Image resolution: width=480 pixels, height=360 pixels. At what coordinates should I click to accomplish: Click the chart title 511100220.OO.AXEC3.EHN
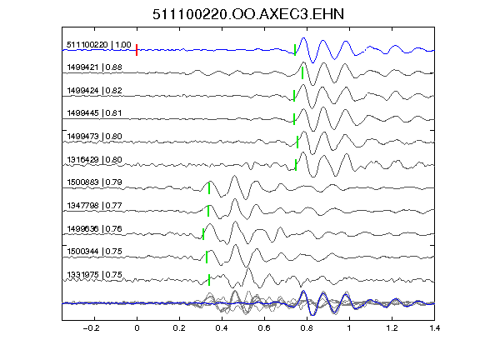tap(248, 14)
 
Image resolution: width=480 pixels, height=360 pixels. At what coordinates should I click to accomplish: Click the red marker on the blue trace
tap(137, 50)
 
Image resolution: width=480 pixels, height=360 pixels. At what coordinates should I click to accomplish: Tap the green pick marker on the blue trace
tap(295, 50)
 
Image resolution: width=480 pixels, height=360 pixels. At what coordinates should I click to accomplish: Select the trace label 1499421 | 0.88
tap(95, 67)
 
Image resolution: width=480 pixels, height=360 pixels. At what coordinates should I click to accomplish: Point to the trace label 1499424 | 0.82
tap(95, 91)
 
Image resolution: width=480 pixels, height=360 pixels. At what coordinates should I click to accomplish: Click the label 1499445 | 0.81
tap(95, 113)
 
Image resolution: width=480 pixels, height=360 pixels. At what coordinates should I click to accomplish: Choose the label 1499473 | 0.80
tap(95, 136)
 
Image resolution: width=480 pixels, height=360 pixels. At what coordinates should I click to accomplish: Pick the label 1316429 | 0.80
tap(95, 159)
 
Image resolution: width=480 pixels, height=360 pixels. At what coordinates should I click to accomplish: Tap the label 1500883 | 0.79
tap(95, 182)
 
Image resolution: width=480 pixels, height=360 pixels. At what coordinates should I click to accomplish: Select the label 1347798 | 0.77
tap(95, 205)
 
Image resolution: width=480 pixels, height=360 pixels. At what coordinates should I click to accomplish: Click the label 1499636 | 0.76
tap(95, 228)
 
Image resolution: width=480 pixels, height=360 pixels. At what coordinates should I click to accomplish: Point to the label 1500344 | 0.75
tap(95, 252)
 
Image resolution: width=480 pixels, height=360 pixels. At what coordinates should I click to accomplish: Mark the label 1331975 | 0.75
tap(95, 275)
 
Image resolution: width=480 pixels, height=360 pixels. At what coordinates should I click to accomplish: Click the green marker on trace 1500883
tap(209, 188)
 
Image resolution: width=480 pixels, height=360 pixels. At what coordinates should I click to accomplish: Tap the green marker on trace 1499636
tap(203, 234)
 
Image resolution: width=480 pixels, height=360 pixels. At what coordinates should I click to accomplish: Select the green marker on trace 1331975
tap(209, 280)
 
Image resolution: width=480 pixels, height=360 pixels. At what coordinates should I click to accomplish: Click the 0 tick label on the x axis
tap(137, 328)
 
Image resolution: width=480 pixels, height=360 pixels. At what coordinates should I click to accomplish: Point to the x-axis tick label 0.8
tap(307, 328)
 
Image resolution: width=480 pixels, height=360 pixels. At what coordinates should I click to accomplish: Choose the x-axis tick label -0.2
tap(92, 328)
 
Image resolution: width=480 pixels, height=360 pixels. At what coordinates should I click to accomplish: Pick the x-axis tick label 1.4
tap(434, 328)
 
